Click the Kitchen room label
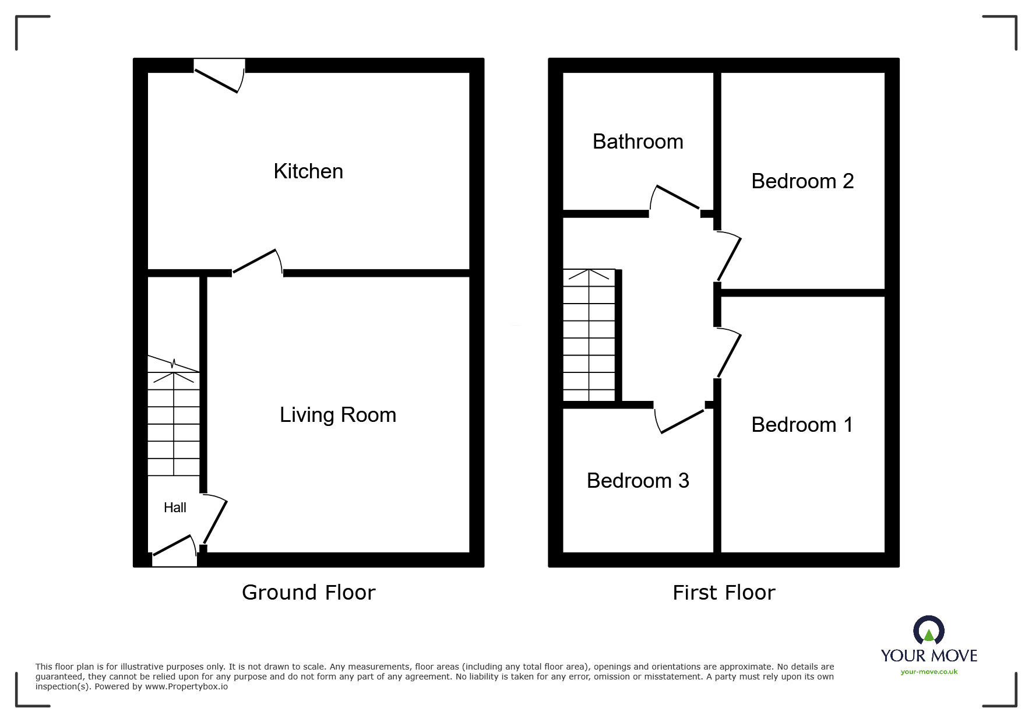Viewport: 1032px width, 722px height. click(x=308, y=171)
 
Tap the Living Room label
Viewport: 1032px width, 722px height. click(x=338, y=415)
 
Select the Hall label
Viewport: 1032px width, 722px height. click(x=175, y=508)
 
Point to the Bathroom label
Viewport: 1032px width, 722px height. click(x=637, y=142)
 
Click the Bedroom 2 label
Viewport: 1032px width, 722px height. click(x=802, y=181)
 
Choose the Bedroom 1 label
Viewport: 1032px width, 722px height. click(x=802, y=425)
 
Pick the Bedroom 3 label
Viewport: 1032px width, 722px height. click(x=637, y=481)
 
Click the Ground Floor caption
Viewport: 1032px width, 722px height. click(x=308, y=593)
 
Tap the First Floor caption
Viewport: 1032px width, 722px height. click(x=723, y=593)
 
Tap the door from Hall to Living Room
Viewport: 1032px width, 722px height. click(x=214, y=519)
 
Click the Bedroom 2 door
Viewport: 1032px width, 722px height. click(x=728, y=257)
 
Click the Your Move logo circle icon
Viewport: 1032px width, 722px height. click(x=928, y=631)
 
